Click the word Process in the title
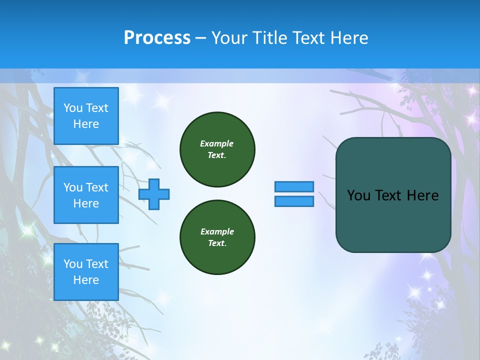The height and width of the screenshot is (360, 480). (157, 38)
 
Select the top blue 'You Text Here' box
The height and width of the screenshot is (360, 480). (86, 116)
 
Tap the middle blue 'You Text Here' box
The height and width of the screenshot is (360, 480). (86, 195)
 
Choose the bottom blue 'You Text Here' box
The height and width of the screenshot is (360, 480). (86, 272)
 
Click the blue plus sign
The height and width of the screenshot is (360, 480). (154, 194)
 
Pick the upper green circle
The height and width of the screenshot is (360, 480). (217, 149)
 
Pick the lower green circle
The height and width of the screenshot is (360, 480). (217, 237)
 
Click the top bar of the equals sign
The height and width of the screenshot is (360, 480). (294, 186)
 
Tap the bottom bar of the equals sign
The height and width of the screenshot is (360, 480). (294, 201)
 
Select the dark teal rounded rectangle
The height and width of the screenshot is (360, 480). (393, 220)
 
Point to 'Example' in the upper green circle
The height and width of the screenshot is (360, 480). (216, 143)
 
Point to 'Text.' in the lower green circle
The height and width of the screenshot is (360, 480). (217, 243)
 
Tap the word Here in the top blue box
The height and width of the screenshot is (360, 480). (86, 124)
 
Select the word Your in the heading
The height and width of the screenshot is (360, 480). (229, 38)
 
